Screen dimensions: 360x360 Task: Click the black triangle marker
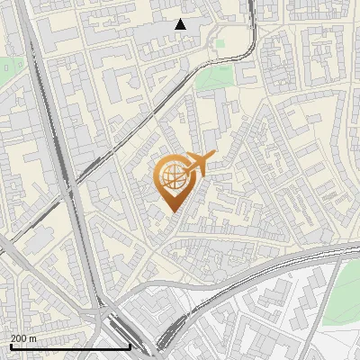[x=180, y=24]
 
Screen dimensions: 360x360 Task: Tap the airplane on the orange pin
[x=198, y=164]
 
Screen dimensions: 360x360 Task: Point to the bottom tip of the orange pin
[x=172, y=211]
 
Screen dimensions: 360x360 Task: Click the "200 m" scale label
[x=23, y=338]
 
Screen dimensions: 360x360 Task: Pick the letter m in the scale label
[x=33, y=338]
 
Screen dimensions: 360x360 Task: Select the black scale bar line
[x=70, y=346]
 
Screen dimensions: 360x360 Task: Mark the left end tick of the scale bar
[x=10, y=346]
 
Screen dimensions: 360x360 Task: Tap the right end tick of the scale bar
[x=130, y=346]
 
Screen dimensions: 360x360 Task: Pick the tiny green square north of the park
[x=220, y=42]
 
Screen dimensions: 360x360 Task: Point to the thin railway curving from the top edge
[x=253, y=36]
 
